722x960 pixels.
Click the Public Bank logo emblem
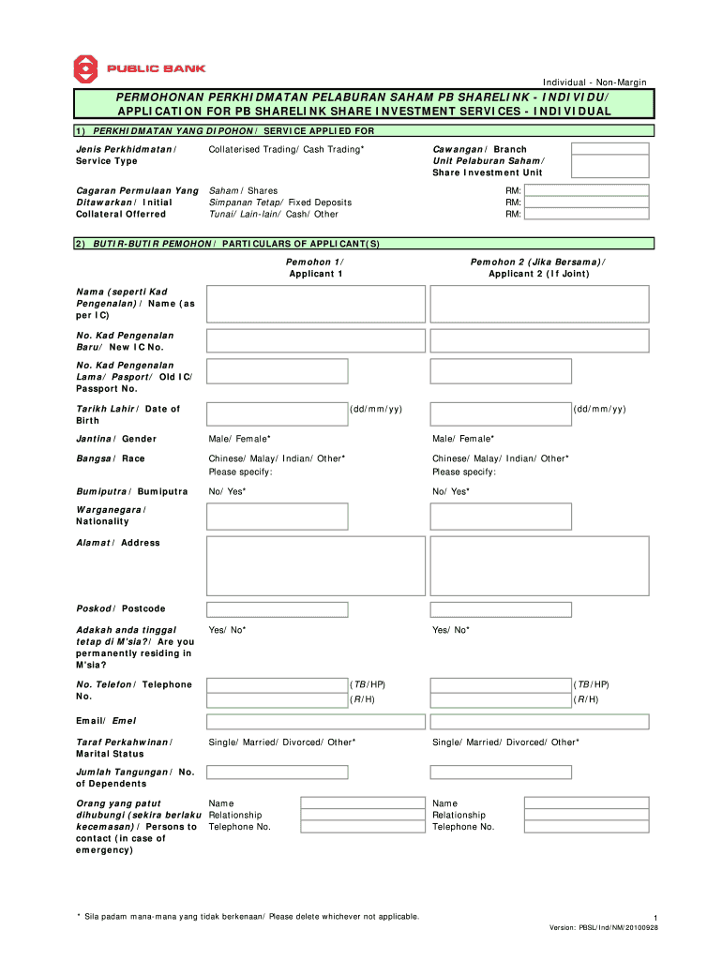click(x=86, y=69)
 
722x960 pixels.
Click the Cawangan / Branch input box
click(x=610, y=149)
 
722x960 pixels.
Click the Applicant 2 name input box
click(x=539, y=304)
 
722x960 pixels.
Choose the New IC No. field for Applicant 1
click(x=277, y=339)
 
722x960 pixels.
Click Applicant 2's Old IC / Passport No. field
click(x=501, y=370)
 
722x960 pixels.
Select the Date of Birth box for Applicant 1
click(x=277, y=412)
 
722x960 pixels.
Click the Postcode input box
click(x=277, y=609)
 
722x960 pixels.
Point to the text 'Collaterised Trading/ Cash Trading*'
click(x=286, y=150)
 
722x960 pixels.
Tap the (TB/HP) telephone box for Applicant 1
click(x=277, y=684)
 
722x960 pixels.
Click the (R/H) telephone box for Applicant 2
click(x=501, y=700)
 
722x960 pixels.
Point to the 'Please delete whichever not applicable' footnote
click(x=343, y=916)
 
